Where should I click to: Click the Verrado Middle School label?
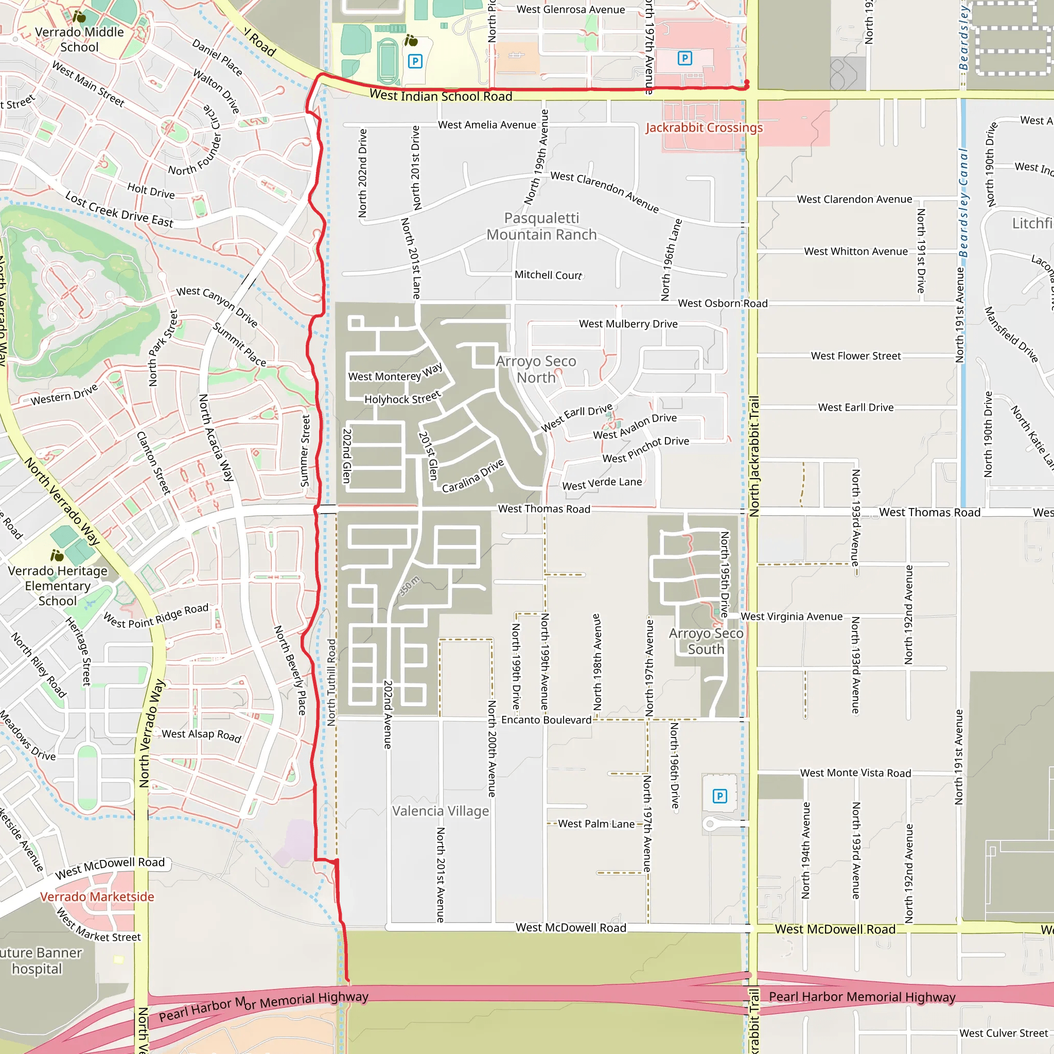point(79,39)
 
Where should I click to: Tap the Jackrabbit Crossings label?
point(704,128)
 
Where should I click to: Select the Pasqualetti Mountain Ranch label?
point(541,226)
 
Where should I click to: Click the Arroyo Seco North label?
point(536,370)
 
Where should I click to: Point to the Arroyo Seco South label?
point(706,641)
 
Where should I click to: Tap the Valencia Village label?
point(440,811)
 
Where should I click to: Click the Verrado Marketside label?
point(97,897)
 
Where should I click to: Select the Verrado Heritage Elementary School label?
point(57,586)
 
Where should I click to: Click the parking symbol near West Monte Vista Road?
point(719,796)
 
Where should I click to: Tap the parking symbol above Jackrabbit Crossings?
point(684,58)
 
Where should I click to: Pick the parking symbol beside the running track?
point(415,61)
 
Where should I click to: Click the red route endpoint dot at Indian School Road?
point(746,83)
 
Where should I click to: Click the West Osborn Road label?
point(722,303)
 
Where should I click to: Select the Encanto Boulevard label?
point(546,720)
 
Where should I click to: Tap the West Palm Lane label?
point(596,824)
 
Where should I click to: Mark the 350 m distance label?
point(409,586)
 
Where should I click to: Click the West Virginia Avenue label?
point(791,617)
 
